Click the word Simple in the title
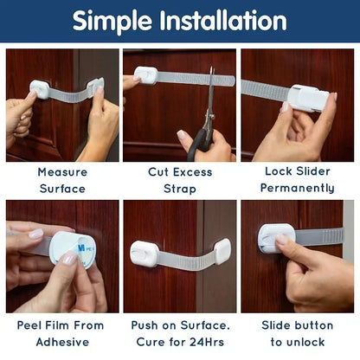click(x=115, y=21)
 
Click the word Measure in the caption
click(x=62, y=172)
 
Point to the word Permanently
click(x=296, y=188)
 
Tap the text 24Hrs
click(x=210, y=341)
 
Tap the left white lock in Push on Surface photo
click(x=145, y=253)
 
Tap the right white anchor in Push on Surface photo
click(x=221, y=251)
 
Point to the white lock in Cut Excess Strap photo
click(x=146, y=75)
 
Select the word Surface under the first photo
click(x=62, y=188)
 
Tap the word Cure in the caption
click(x=158, y=341)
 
